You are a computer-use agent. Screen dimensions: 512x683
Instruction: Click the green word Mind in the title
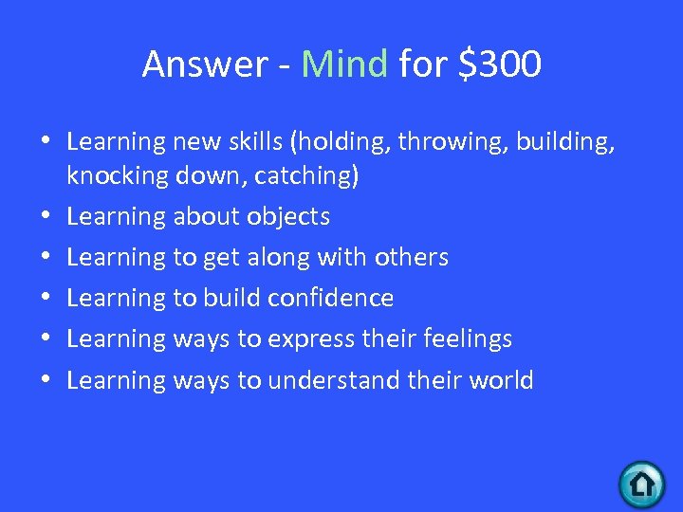click(344, 64)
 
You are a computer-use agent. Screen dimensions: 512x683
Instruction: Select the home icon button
click(642, 484)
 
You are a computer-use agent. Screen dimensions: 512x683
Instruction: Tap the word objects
click(288, 217)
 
